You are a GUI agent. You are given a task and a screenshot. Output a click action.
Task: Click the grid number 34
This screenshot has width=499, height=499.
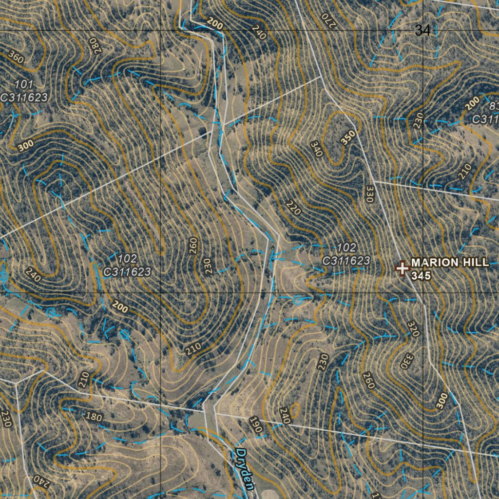(x=422, y=31)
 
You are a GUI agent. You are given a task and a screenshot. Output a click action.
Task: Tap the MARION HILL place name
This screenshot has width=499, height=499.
(x=449, y=263)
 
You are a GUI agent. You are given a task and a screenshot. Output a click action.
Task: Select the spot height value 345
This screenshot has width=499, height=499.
(x=421, y=275)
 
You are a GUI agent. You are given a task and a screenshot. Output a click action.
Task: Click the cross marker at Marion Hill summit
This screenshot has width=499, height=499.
(x=402, y=268)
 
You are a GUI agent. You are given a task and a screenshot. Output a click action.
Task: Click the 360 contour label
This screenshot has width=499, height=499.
(x=16, y=58)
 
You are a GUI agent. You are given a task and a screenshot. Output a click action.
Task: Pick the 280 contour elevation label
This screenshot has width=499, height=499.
(x=94, y=45)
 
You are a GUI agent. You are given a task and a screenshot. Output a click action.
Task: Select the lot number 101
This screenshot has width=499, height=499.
(x=24, y=85)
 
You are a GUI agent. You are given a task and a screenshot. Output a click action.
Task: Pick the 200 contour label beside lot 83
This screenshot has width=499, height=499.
(x=471, y=103)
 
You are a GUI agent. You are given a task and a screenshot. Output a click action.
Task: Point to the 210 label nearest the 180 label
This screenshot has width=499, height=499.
(x=84, y=379)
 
